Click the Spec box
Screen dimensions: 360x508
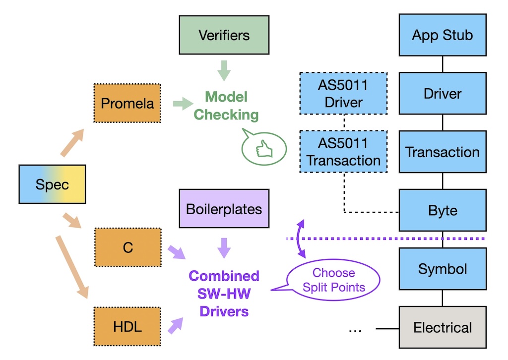pos(52,184)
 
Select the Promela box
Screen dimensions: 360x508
pos(127,103)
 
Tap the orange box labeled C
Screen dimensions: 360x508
pos(127,247)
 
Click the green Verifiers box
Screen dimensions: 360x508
pos(224,35)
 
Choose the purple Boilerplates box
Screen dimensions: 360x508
pos(224,208)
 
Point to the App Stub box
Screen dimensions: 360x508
pos(442,35)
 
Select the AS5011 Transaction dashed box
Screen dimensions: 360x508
pos(343,152)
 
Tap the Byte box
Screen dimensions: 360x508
pos(442,210)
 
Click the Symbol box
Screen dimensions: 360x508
pos(442,269)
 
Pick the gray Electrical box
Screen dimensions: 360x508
pos(442,327)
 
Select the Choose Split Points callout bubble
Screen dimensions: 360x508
pos(333,280)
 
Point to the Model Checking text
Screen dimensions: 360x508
pos(226,106)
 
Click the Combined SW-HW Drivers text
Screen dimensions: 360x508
pos(224,294)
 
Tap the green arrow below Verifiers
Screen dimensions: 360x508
pos(224,70)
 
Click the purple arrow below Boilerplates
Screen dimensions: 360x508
pos(224,246)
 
